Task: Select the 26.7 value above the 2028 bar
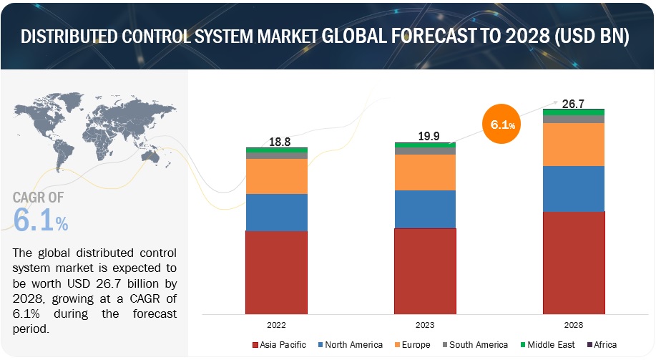pos(574,103)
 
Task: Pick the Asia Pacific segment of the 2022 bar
pos(277,272)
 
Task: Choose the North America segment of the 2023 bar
pos(425,209)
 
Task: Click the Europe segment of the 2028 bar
pos(574,145)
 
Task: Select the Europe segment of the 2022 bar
pos(277,176)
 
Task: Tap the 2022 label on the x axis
pos(277,323)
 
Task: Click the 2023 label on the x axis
pos(425,323)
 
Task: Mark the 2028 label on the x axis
pos(574,323)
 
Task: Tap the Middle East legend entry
pos(547,345)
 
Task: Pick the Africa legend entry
pos(600,345)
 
